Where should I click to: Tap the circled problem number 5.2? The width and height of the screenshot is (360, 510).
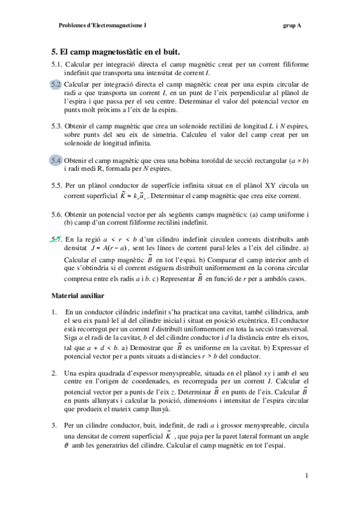[x=56, y=84]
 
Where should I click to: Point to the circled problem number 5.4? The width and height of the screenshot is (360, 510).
[x=56, y=161]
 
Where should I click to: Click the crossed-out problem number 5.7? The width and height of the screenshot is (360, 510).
[x=56, y=239]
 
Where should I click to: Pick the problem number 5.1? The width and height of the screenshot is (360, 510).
[x=57, y=64]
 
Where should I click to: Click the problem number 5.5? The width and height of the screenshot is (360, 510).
[x=57, y=186]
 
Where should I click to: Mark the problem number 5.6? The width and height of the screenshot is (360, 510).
[x=57, y=214]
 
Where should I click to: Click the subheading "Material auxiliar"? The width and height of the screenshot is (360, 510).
[x=78, y=296]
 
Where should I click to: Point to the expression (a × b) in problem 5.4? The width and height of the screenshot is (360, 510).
[x=298, y=161]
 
